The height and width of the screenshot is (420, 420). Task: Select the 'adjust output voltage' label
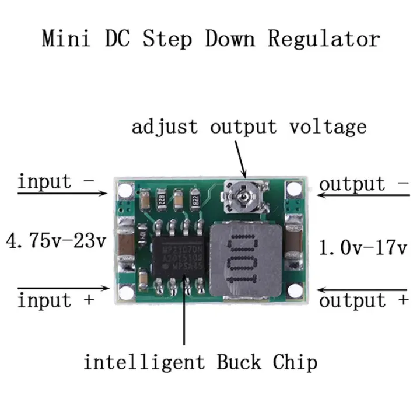click(249, 127)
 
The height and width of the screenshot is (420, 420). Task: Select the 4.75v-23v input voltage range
click(55, 240)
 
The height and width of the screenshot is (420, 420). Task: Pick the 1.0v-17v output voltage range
click(363, 247)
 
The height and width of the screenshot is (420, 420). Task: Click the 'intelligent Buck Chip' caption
click(200, 362)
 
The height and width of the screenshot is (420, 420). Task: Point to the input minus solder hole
click(124, 190)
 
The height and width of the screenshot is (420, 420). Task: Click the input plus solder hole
click(124, 293)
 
